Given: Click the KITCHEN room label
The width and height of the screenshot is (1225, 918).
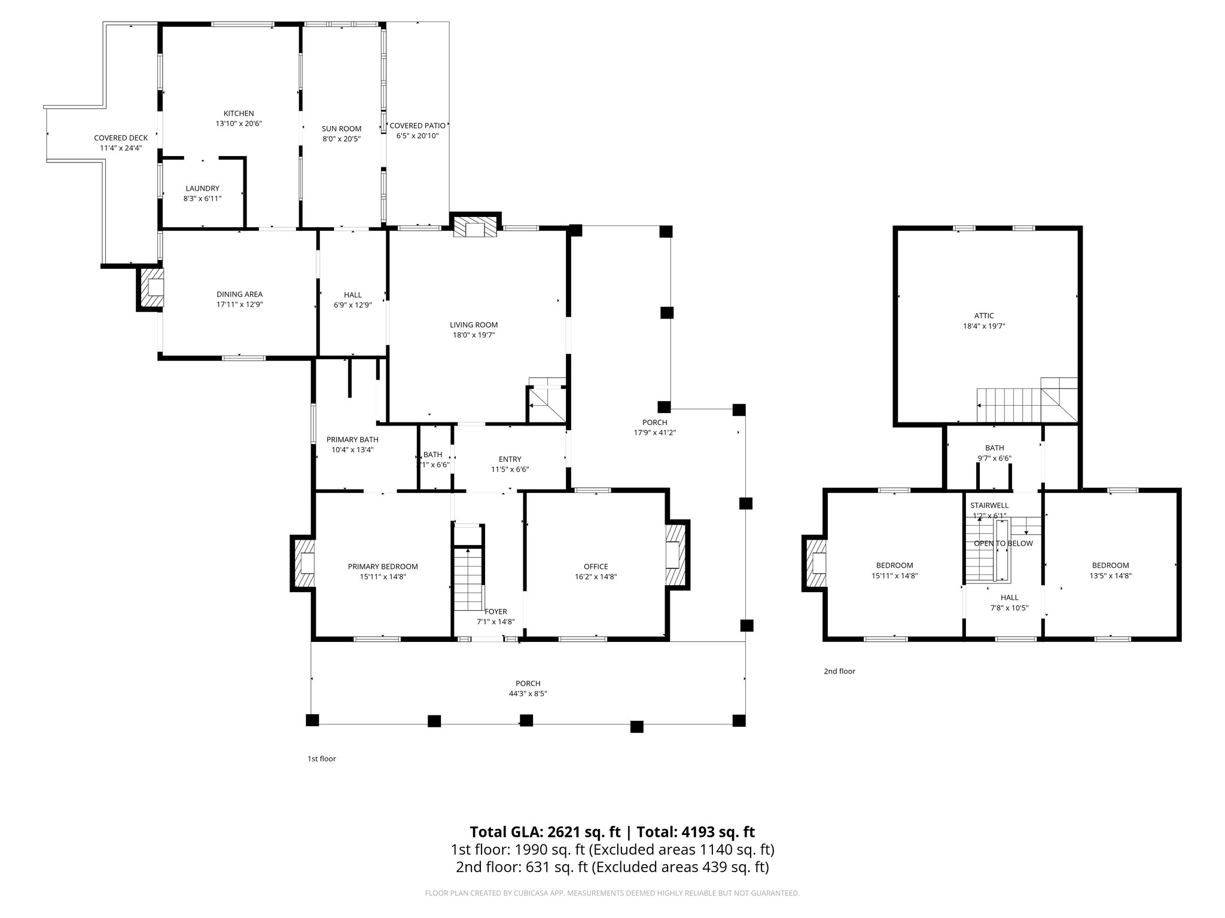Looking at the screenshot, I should click(x=239, y=114).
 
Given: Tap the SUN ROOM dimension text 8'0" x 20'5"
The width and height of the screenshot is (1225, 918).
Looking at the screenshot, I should click(x=342, y=139).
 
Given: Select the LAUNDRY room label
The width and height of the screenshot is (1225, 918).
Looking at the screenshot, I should click(x=202, y=188).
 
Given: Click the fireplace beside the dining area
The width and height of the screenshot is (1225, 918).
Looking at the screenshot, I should click(x=151, y=289).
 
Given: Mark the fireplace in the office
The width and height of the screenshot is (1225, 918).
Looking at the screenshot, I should click(x=675, y=555).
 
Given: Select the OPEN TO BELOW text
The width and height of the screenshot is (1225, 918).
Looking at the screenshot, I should click(x=1003, y=543).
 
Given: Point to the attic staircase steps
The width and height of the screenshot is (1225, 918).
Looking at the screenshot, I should click(x=1010, y=405).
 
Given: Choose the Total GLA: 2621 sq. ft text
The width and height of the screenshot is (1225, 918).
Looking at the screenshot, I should click(x=545, y=832).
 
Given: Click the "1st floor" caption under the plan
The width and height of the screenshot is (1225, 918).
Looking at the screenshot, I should click(x=322, y=758).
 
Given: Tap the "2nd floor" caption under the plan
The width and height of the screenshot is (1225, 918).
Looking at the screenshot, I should click(x=839, y=671).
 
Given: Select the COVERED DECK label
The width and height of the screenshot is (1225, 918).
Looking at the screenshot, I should click(x=121, y=138).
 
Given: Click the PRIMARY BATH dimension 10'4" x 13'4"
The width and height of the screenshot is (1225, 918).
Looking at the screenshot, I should click(x=352, y=449).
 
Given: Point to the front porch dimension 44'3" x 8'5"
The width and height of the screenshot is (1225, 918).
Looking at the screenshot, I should click(x=528, y=694).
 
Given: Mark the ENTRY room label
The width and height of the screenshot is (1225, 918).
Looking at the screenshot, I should click(x=510, y=459).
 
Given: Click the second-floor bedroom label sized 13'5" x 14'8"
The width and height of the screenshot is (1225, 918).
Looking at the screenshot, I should click(x=1110, y=565).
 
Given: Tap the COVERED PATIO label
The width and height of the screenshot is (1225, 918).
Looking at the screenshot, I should click(x=418, y=126).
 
